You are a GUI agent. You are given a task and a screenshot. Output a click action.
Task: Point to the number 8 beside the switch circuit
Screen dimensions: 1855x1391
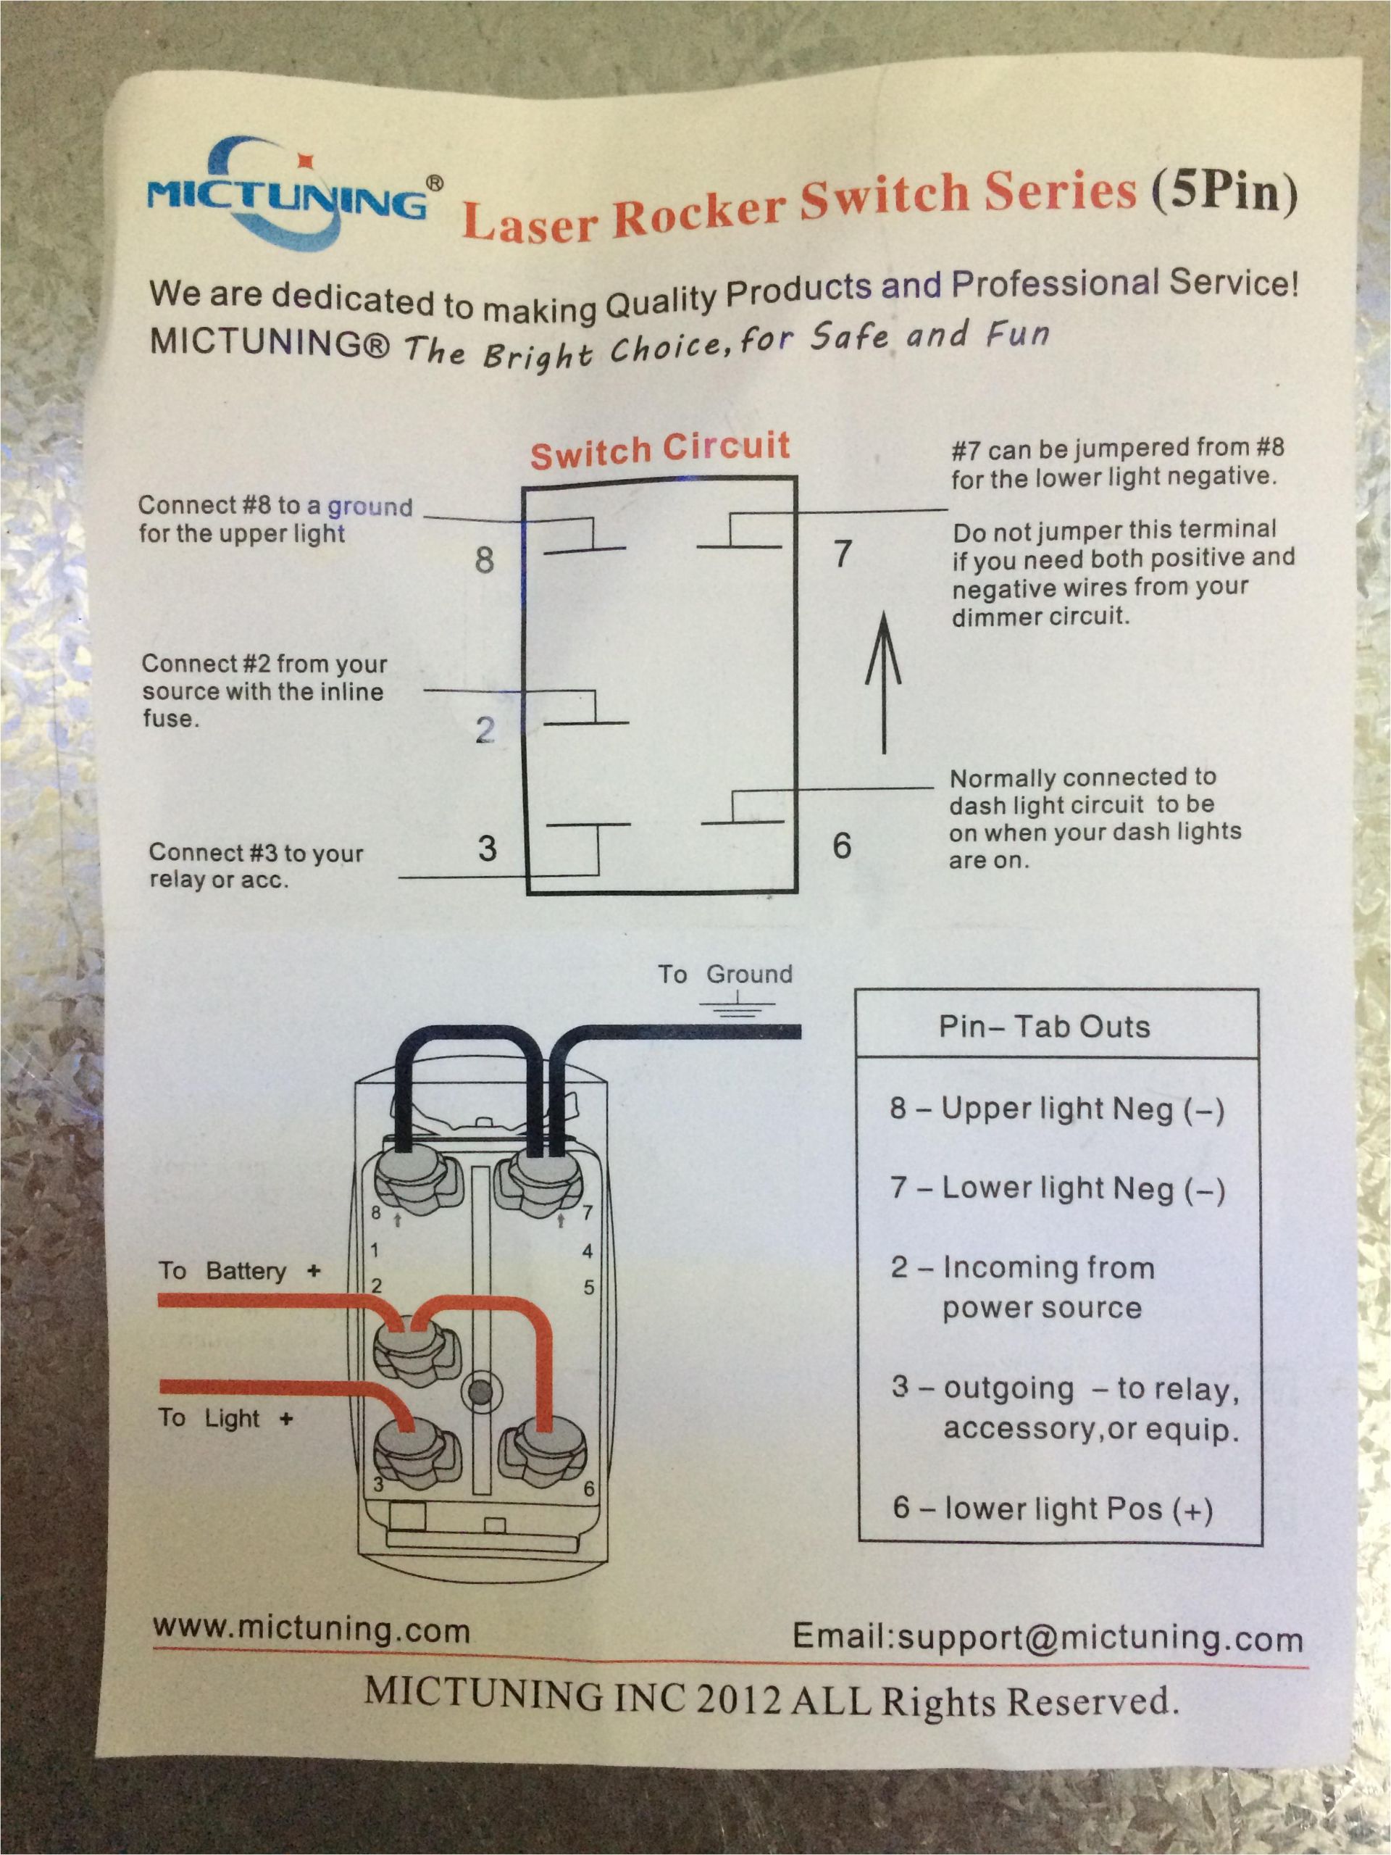tap(484, 559)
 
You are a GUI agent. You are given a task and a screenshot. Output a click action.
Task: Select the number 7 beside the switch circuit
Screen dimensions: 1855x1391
tap(842, 554)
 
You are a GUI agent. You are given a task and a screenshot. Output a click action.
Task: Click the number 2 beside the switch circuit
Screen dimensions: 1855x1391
tap(485, 730)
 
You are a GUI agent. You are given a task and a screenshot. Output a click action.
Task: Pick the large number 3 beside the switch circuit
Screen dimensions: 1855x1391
tap(487, 849)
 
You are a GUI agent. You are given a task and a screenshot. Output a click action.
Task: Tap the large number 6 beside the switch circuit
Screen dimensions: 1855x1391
tap(841, 846)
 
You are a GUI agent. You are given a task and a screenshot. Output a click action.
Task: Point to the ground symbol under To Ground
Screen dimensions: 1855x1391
tap(736, 1006)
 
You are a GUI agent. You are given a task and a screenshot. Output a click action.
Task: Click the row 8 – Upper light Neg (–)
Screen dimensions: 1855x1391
tap(1056, 1109)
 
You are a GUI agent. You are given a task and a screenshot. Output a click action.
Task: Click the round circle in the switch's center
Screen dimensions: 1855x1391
tap(480, 1393)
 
